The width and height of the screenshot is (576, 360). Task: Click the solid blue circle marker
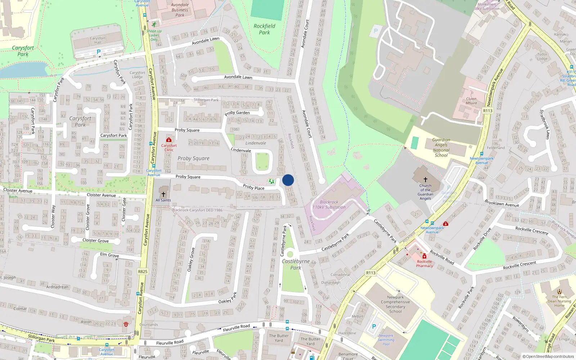[x=288, y=180]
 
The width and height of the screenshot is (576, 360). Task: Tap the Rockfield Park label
[x=264, y=29]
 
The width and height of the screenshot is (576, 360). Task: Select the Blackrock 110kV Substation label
[x=329, y=204]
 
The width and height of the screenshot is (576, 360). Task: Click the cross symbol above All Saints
[x=163, y=194]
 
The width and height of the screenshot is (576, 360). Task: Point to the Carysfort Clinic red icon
[x=169, y=140]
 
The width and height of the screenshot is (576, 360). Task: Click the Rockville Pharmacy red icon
[x=424, y=256]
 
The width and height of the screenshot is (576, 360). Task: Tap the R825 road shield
[x=143, y=271]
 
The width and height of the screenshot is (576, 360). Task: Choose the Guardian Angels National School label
[x=441, y=148]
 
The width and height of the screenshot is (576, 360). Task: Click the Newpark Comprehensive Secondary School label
[x=395, y=304]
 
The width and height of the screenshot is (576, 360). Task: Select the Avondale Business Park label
[x=180, y=10]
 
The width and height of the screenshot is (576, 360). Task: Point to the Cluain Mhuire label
[x=471, y=101]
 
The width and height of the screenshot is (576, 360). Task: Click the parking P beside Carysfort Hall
[x=99, y=52]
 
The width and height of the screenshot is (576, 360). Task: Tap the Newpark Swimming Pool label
[x=386, y=340]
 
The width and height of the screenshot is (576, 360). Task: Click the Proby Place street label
[x=253, y=187]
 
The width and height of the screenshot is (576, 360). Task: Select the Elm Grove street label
[x=109, y=255]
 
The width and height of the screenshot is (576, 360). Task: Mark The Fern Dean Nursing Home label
[x=559, y=301]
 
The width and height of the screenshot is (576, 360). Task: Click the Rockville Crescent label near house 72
[x=532, y=230]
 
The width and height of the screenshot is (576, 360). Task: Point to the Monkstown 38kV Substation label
[x=487, y=6]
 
